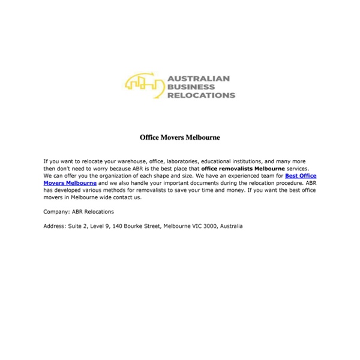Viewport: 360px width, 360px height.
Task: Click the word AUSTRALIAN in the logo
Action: tap(198, 78)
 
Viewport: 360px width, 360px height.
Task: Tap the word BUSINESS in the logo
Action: tap(189, 86)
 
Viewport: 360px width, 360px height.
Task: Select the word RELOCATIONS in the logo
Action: tap(201, 95)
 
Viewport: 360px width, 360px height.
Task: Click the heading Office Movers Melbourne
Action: tap(180, 137)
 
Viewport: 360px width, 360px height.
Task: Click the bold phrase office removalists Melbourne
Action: tap(242, 169)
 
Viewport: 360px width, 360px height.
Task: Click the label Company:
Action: tap(56, 212)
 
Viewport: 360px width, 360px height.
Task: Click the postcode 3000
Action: tap(208, 226)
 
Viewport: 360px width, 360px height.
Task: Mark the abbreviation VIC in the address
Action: tap(194, 226)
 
